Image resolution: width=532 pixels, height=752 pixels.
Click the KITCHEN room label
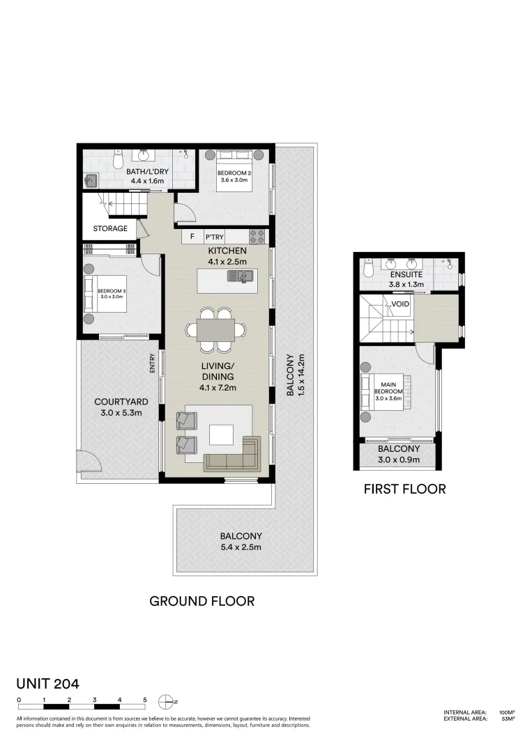[227, 251]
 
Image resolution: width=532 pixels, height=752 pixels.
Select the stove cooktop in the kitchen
[257, 237]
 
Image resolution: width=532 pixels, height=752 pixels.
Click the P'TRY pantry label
[215, 237]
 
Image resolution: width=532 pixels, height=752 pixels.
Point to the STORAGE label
[110, 228]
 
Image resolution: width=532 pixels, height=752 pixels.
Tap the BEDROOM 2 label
[234, 173]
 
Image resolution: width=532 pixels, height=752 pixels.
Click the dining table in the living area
[216, 330]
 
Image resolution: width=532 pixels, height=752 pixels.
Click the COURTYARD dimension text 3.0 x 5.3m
[121, 413]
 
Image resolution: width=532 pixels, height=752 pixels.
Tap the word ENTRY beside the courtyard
[152, 363]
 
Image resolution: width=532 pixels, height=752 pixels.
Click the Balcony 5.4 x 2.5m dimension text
[241, 547]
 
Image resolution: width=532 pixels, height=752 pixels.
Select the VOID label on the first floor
[400, 304]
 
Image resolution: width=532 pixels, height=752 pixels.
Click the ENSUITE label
[406, 275]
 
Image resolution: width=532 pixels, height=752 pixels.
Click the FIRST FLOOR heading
[405, 489]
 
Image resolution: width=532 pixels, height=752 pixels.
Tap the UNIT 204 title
[48, 684]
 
